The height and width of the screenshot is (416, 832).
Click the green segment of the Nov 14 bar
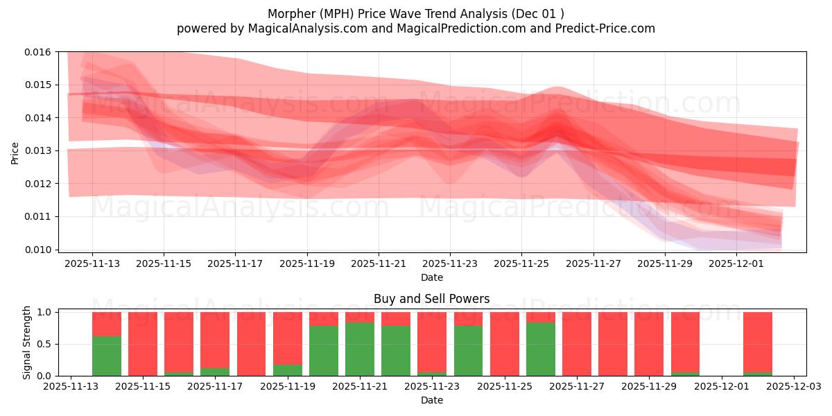107,356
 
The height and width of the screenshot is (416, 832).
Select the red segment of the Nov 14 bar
107,324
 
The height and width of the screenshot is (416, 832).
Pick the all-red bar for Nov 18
251,344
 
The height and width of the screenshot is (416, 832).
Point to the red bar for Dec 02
758,342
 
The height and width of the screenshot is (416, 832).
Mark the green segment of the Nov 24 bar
468,351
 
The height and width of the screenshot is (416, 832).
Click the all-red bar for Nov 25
505,344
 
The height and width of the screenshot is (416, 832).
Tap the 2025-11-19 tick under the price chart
307,263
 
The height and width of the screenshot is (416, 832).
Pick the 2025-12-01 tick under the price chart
737,263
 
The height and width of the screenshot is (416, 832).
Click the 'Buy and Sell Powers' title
431,299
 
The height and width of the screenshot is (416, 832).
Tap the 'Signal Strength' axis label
27,343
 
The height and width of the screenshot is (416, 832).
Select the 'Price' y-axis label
15,153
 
